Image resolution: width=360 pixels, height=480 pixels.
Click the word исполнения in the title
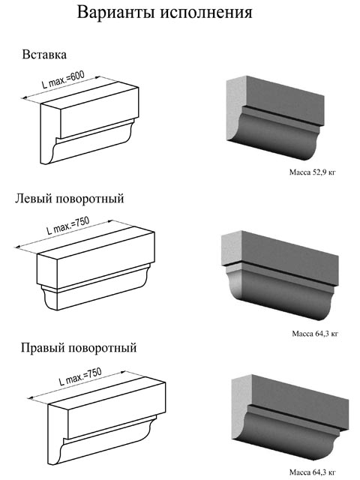coord(206,13)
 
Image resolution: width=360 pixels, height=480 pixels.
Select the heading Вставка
coord(44,55)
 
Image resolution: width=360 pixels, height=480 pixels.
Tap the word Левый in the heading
coord(34,198)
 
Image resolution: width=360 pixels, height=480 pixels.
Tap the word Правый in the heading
coord(43,348)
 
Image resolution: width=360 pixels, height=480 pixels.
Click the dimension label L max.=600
coord(63,79)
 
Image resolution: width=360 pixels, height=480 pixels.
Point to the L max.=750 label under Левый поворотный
coord(68,225)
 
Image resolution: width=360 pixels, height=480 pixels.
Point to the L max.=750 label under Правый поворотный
coord(80,376)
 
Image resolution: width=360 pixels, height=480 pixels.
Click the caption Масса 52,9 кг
coord(312,172)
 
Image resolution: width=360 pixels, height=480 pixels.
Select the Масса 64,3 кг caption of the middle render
coord(315,333)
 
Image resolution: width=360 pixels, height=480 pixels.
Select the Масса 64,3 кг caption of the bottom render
coord(312,472)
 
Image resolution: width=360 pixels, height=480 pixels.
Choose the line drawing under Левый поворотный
coord(95,268)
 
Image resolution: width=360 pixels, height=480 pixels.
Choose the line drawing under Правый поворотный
coord(106,419)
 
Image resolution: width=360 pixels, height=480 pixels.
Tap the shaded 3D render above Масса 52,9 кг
coord(275,118)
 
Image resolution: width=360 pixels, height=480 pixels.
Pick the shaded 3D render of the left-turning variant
coord(280,275)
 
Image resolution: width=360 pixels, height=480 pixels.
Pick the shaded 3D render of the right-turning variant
coord(290,418)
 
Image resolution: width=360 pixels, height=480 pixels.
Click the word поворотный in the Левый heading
coord(90,199)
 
